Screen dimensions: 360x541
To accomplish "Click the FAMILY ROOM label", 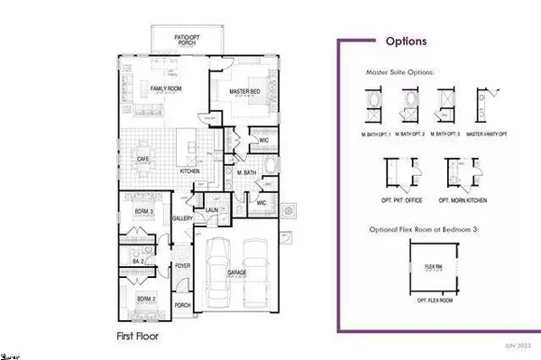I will pos(167,88).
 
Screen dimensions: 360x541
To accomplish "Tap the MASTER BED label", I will pos(245,90).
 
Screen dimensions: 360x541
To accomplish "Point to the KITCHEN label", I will pos(189,171).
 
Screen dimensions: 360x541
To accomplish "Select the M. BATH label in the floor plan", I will pos(247,171).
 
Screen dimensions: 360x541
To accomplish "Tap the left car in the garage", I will pos(220,275).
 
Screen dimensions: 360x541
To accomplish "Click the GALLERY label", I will pos(184,218).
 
